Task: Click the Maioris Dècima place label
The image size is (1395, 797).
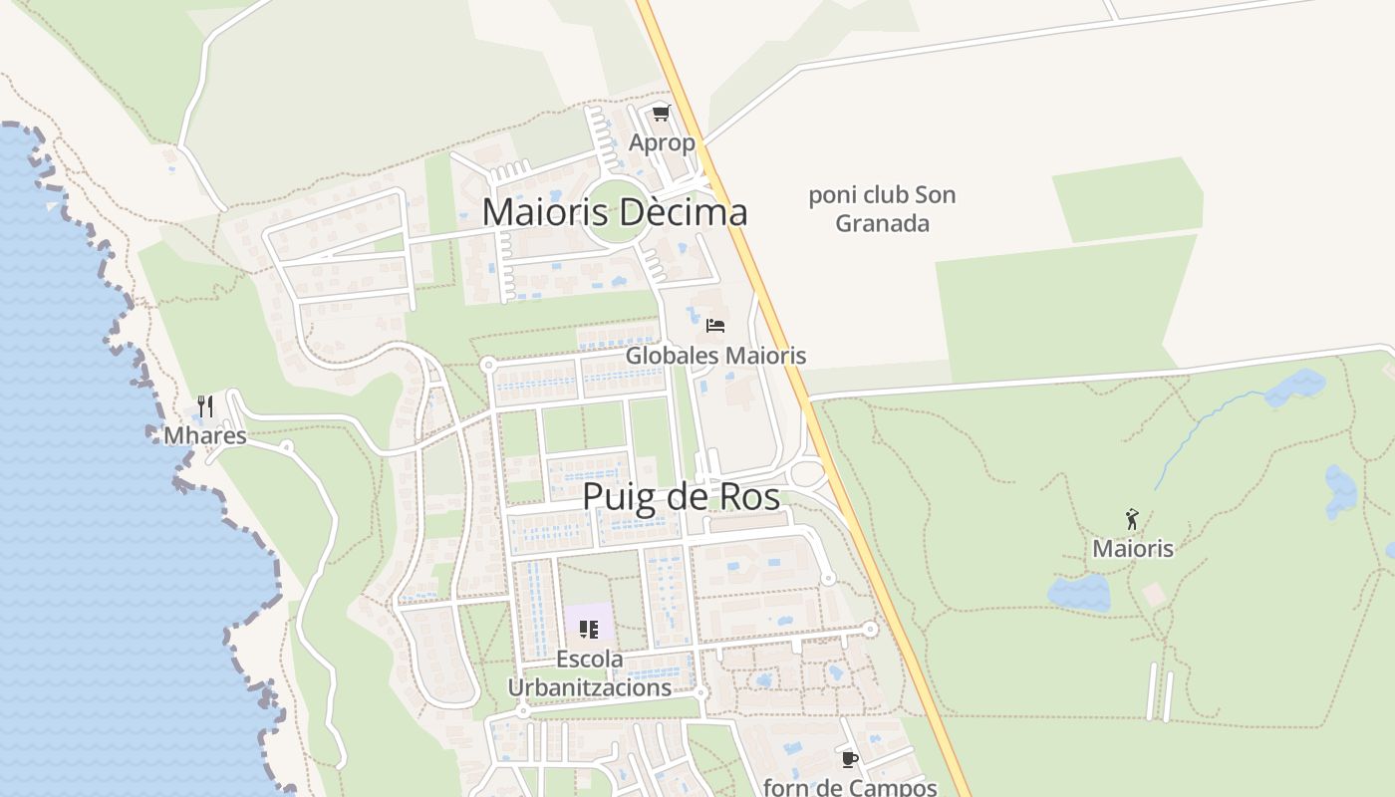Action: point(615,212)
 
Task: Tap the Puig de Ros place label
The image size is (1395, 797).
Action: point(681,496)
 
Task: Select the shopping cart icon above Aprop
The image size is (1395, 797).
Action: point(662,114)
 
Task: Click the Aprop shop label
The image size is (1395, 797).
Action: point(662,142)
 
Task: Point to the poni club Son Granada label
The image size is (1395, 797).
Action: point(882,209)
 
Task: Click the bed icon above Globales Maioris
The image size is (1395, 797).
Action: point(714,326)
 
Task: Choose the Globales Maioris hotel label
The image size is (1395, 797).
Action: point(715,356)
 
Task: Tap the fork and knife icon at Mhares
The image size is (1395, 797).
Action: point(205,405)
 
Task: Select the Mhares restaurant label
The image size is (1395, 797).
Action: point(205,435)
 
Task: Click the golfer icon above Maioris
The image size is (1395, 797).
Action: point(1132,519)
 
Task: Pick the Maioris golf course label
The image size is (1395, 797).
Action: point(1133,548)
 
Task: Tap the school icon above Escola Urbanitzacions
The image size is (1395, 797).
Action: point(589,630)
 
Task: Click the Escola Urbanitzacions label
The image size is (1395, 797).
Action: point(590,673)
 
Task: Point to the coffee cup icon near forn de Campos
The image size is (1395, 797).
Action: point(849,759)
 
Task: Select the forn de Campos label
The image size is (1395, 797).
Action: point(850,787)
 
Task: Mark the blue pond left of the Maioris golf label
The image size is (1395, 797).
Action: point(1078,593)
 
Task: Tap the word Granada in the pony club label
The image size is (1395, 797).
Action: point(882,223)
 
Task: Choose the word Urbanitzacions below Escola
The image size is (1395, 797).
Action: point(590,687)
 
